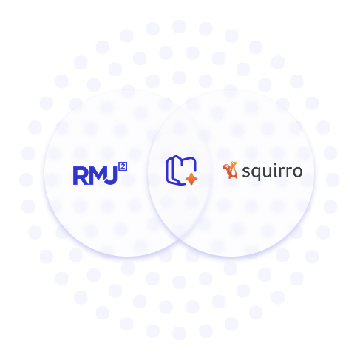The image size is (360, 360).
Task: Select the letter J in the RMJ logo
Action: pyautogui.click(x=112, y=176)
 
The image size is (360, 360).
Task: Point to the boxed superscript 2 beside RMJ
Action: pyautogui.click(x=123, y=166)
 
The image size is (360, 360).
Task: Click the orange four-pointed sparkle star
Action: pyautogui.click(x=191, y=179)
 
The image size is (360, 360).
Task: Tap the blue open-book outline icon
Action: pyautogui.click(x=180, y=170)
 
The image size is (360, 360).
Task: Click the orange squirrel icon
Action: pyautogui.click(x=231, y=170)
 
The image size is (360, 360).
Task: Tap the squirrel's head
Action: pyautogui.click(x=234, y=164)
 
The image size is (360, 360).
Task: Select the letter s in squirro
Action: pyautogui.click(x=246, y=171)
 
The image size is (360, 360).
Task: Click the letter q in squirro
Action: pyautogui.click(x=257, y=173)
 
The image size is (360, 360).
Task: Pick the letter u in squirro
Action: pyautogui.click(x=268, y=171)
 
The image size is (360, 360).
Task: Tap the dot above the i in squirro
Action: pyautogui.click(x=276, y=163)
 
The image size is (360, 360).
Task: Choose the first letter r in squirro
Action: pyautogui.click(x=283, y=171)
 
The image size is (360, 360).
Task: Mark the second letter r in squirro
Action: pyautogui.click(x=291, y=171)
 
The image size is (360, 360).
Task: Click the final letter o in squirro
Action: pyautogui.click(x=297, y=171)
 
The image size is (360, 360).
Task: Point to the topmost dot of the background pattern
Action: pyautogui.click(x=179, y=27)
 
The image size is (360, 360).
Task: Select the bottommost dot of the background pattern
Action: pyautogui.click(x=179, y=333)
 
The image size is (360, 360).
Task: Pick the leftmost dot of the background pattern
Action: pyautogui.click(x=26, y=180)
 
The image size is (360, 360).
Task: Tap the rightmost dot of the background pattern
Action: pyautogui.click(x=333, y=180)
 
